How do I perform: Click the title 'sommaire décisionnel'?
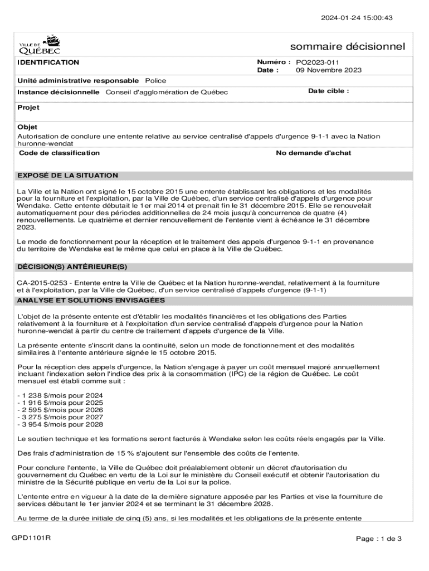pyautogui.click(x=347, y=46)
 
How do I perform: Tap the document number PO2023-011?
pyautogui.click(x=318, y=62)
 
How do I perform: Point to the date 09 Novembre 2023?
pyautogui.click(x=328, y=70)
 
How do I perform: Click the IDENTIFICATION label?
pyautogui.click(x=48, y=62)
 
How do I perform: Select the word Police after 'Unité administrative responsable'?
pyautogui.click(x=155, y=81)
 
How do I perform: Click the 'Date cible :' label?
pyautogui.click(x=329, y=91)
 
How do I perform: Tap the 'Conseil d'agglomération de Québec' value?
pyautogui.click(x=167, y=92)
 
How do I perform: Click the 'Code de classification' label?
pyautogui.click(x=59, y=153)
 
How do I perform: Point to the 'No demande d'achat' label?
pyautogui.click(x=314, y=153)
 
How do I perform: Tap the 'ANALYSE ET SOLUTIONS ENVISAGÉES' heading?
pyautogui.click(x=91, y=301)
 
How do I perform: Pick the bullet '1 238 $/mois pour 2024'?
pyautogui.click(x=60, y=395)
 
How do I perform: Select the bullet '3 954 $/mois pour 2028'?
pyautogui.click(x=60, y=424)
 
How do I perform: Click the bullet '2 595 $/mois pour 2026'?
pyautogui.click(x=60, y=410)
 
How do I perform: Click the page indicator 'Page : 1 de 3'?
pyautogui.click(x=379, y=539)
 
